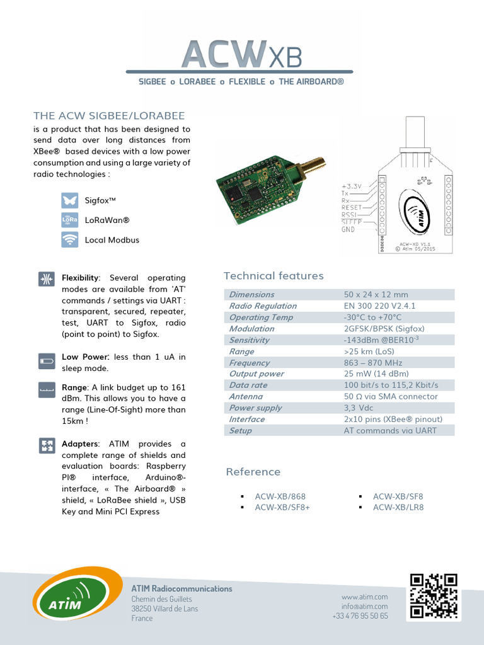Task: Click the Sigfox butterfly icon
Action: (69, 200)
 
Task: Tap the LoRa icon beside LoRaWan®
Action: (69, 220)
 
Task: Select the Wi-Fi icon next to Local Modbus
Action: (69, 240)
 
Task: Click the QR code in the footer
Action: (433, 595)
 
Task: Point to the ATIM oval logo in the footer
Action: (78, 595)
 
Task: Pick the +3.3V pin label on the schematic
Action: (352, 186)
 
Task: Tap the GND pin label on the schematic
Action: (348, 230)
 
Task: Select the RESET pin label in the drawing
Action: (352, 207)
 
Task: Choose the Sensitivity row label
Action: (249, 340)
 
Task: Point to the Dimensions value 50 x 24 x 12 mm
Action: (376, 295)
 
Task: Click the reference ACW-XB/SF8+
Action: (282, 507)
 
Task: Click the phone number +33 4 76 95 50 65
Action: (360, 616)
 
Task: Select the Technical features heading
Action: (274, 276)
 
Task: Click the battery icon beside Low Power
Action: (47, 361)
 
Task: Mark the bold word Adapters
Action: (79, 444)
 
